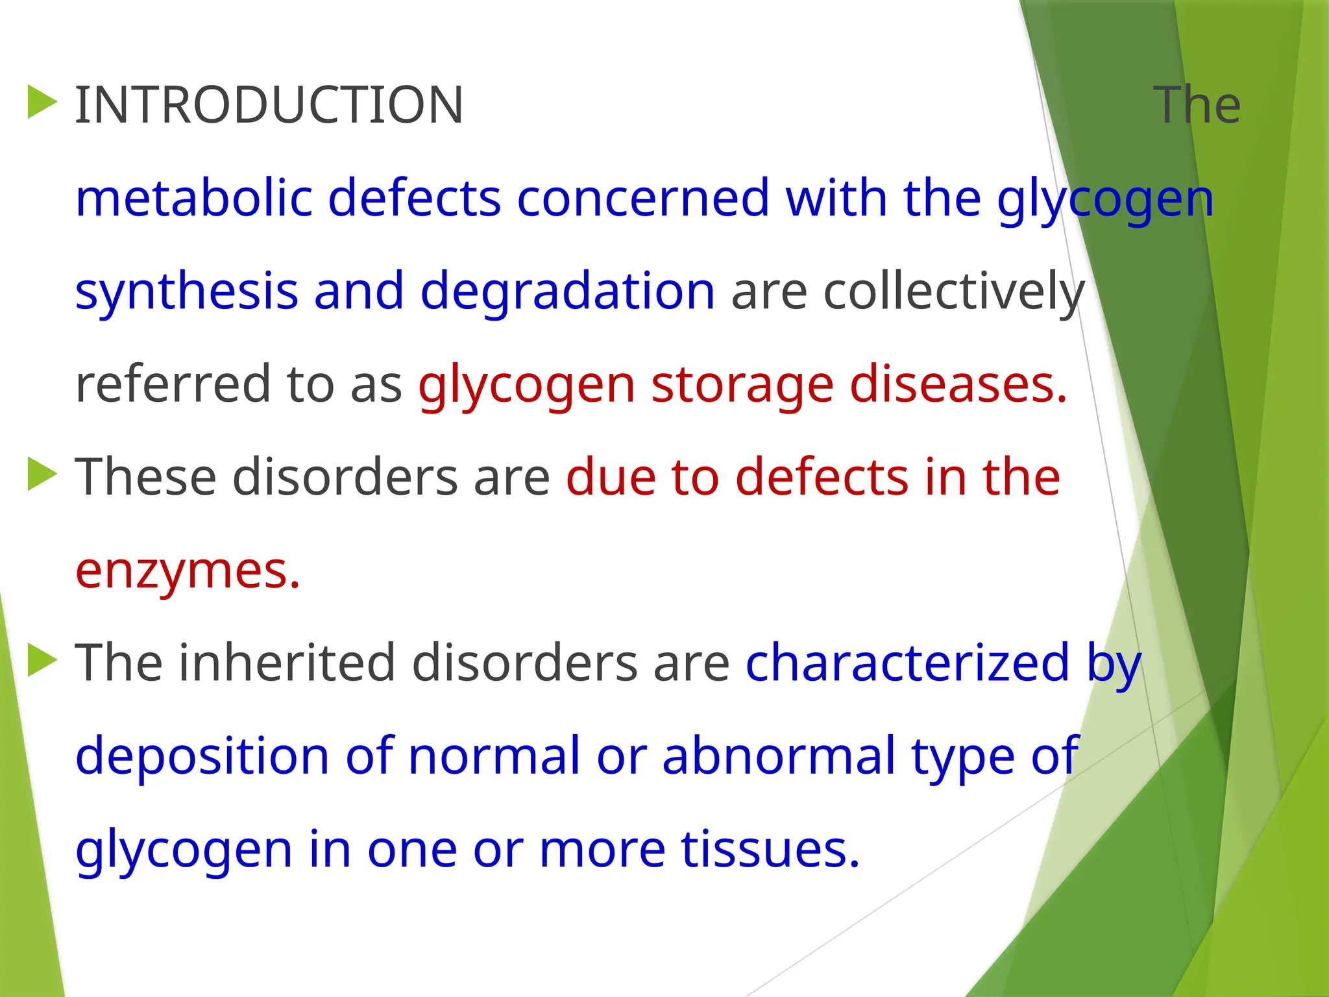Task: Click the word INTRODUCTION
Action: click(x=269, y=105)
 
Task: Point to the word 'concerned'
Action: click(x=642, y=198)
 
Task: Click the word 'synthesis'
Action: click(x=186, y=292)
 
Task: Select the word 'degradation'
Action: click(x=568, y=292)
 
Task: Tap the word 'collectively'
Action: click(x=954, y=292)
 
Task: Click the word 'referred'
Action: click(x=172, y=384)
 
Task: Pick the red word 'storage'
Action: click(x=742, y=384)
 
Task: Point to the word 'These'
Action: click(x=145, y=477)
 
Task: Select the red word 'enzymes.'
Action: click(x=188, y=571)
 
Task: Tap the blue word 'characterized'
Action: click(x=907, y=663)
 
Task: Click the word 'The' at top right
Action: click(x=1197, y=105)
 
